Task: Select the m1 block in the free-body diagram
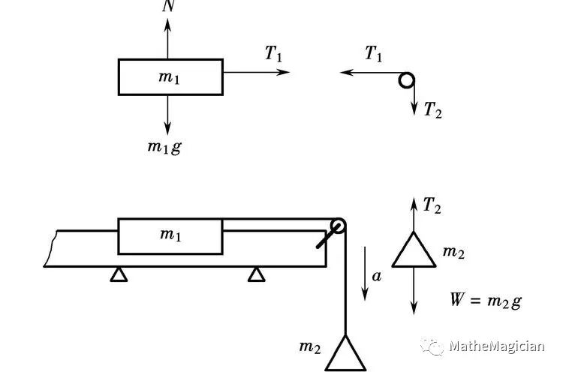pyautogui.click(x=170, y=77)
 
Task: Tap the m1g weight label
pyautogui.click(x=164, y=147)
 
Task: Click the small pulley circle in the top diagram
pyautogui.click(x=407, y=79)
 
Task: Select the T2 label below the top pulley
pyautogui.click(x=432, y=111)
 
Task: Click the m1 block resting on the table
pyautogui.click(x=170, y=235)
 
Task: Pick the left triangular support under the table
pyautogui.click(x=118, y=274)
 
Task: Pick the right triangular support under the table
pyautogui.click(x=257, y=274)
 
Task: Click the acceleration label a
pyautogui.click(x=377, y=276)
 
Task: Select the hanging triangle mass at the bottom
pyautogui.click(x=345, y=354)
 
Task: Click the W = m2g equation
pyautogui.click(x=485, y=301)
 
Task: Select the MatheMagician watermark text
pyautogui.click(x=496, y=346)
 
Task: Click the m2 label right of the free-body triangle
pyautogui.click(x=453, y=253)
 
